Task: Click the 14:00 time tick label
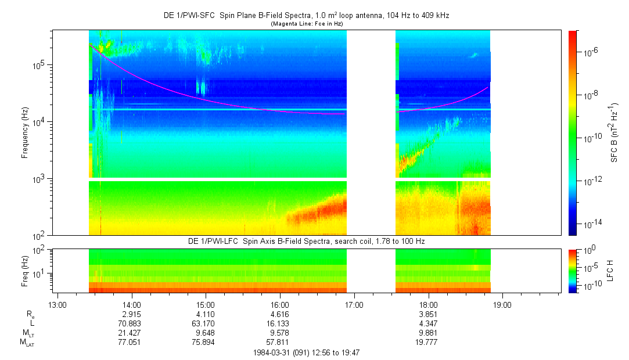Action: coord(132,304)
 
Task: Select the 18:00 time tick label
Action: coord(429,304)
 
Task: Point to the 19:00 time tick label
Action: coord(502,304)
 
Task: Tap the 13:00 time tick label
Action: coord(57,304)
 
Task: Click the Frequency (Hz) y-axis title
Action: coord(25,132)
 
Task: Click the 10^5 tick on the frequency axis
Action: coord(39,65)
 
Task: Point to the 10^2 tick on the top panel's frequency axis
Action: coord(39,235)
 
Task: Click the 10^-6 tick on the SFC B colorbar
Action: coord(591,52)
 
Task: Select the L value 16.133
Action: coord(280,323)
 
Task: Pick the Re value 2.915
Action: coord(132,314)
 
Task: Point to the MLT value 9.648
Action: coord(206,333)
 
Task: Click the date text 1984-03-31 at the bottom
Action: coord(273,352)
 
